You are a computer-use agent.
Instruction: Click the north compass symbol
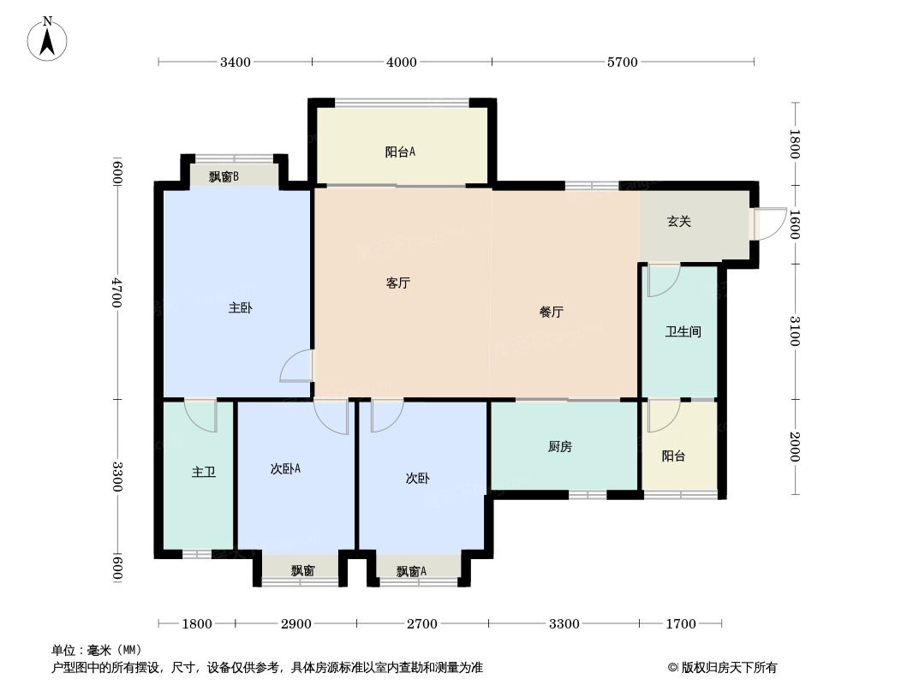[x=48, y=38]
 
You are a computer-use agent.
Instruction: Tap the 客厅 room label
[x=397, y=283]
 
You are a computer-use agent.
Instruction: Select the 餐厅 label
[x=551, y=313]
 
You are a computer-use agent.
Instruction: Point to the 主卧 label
[x=241, y=308]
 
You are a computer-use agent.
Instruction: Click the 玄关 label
[x=679, y=222]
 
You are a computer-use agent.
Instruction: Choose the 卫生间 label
[x=683, y=331]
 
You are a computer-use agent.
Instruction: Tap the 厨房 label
[x=559, y=446]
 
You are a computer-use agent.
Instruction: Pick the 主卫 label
[x=203, y=472]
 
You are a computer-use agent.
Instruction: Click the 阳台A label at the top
[x=400, y=152]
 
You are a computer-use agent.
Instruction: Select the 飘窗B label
[x=224, y=177]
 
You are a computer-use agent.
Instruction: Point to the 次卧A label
[x=285, y=468]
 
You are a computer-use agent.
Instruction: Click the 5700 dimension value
[x=623, y=62]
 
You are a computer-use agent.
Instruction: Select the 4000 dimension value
[x=402, y=62]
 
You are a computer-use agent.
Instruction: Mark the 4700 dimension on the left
[x=118, y=293]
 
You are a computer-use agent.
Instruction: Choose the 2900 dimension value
[x=296, y=624]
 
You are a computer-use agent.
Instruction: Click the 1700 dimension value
[x=681, y=624]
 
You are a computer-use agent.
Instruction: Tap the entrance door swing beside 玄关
[x=770, y=223]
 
